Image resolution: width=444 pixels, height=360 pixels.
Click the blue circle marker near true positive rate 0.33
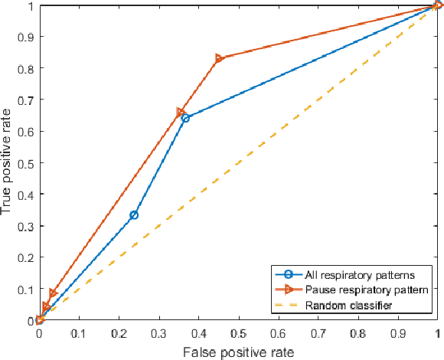[x=134, y=215]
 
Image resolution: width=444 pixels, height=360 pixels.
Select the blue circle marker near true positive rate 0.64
[x=185, y=118]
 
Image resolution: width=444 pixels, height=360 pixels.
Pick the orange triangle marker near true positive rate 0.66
[x=181, y=113]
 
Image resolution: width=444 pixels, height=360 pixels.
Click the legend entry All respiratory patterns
[x=350, y=275]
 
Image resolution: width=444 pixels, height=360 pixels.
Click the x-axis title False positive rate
[x=237, y=351]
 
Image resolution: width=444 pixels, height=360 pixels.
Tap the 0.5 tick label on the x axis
[x=238, y=335]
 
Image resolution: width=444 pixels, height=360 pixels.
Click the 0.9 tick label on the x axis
[x=397, y=335]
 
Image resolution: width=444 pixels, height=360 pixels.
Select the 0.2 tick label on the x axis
[x=119, y=335]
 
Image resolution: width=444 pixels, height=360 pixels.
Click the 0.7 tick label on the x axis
[x=318, y=335]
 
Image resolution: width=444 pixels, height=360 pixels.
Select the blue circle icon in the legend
[x=287, y=275]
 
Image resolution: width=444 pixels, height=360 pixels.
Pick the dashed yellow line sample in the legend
[x=287, y=306]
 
